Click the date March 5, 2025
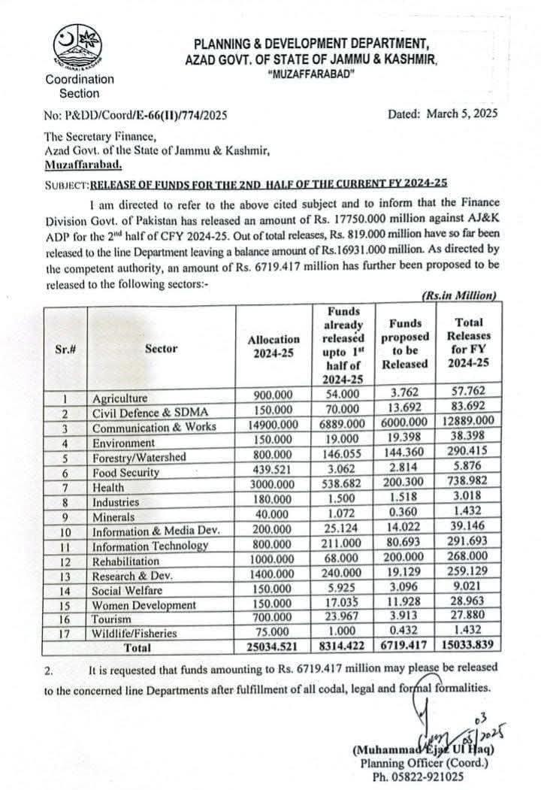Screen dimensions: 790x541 point(443,114)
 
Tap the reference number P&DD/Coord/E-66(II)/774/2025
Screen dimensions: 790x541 point(134,115)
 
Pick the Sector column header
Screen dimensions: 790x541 point(162,348)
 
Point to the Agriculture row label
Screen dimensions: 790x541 point(120,398)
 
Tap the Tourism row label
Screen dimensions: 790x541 point(113,619)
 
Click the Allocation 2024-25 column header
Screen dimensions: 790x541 point(274,347)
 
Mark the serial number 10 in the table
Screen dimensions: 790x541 point(65,531)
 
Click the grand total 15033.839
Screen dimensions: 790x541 point(467,647)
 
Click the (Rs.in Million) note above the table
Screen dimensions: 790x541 point(458,296)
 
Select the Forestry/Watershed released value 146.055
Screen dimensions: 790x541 point(341,457)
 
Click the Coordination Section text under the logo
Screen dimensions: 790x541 point(80,86)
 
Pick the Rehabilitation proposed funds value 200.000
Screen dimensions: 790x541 point(405,561)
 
